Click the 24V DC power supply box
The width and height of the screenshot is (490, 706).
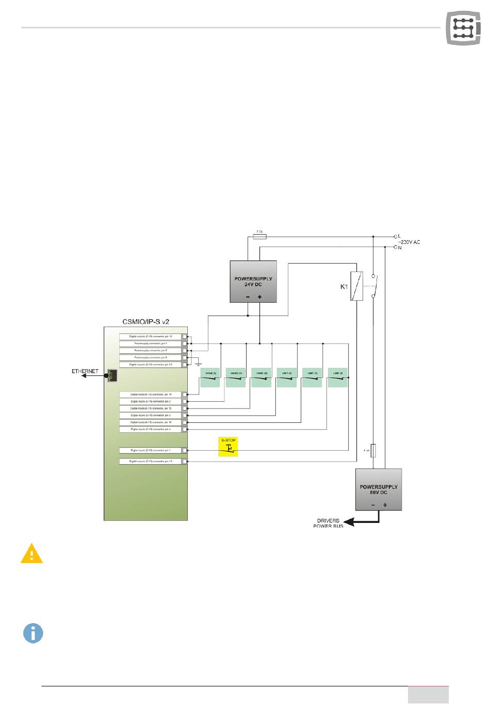coord(253,281)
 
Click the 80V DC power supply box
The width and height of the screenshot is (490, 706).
coord(379,489)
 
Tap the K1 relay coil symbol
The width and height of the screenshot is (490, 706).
coord(354,286)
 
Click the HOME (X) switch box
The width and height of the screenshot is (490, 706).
coord(210,377)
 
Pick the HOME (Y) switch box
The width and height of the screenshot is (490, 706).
coord(236,377)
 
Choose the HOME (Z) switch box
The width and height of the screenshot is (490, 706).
coord(261,377)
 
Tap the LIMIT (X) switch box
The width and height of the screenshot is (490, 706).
coord(286,377)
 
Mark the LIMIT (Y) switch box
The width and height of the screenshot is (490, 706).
coord(312,377)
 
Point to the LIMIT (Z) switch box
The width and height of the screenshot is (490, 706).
coord(337,377)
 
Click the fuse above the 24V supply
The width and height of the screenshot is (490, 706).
coord(260,237)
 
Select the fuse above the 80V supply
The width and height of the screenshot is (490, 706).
coord(373,450)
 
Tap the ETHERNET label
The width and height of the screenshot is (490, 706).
coord(85,371)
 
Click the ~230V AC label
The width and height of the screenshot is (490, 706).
coord(409,242)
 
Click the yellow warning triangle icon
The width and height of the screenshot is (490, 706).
coord(31,554)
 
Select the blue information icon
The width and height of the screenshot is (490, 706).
coord(33,633)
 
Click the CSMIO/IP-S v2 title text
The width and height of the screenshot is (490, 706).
coord(145,321)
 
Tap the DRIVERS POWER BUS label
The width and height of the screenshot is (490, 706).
coord(328,523)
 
